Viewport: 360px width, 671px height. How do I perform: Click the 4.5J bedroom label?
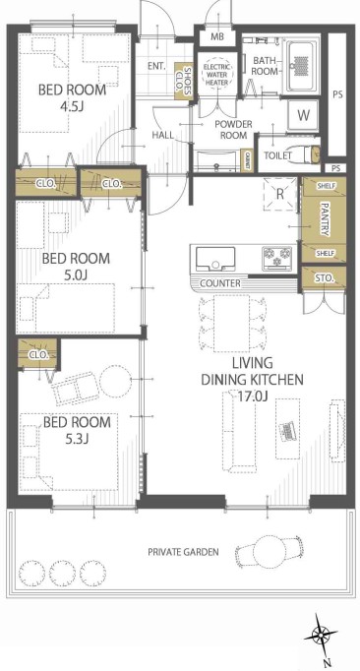pyautogui.click(x=72, y=98)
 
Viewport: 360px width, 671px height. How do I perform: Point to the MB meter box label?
pyautogui.click(x=217, y=36)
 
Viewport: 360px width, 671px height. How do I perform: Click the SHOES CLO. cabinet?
pyautogui.click(x=184, y=82)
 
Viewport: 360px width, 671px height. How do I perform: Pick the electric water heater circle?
pyautogui.click(x=217, y=75)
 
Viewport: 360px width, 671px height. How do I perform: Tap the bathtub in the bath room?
pyautogui.click(x=303, y=66)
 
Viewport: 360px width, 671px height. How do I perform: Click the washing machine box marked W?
pyautogui.click(x=303, y=115)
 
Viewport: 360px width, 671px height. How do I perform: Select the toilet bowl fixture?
pyautogui.click(x=311, y=154)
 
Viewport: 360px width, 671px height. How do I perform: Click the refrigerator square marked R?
pyautogui.click(x=280, y=194)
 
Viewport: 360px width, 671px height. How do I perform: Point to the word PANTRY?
pyautogui.click(x=325, y=219)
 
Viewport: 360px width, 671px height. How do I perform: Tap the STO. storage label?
pyautogui.click(x=324, y=278)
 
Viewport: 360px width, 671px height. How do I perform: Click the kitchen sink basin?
pyautogui.click(x=215, y=259)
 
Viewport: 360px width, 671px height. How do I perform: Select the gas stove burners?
pyautogui.click(x=276, y=258)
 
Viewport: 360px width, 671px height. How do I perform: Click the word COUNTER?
pyautogui.click(x=220, y=283)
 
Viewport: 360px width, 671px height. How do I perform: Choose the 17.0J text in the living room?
pyautogui.click(x=253, y=396)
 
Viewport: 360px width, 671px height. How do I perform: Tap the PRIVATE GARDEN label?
pyautogui.click(x=183, y=552)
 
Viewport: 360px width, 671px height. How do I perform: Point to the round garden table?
pyautogui.click(x=269, y=551)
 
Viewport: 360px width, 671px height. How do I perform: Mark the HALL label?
pyautogui.click(x=163, y=135)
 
